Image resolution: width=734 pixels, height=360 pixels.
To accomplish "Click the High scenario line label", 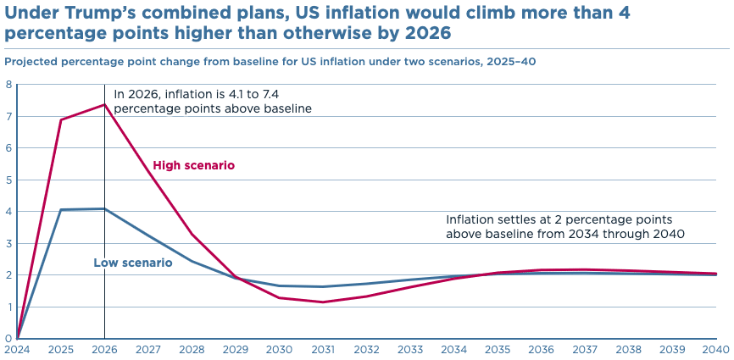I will pos(193,165).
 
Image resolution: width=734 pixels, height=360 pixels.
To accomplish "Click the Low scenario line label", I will pos(132,263).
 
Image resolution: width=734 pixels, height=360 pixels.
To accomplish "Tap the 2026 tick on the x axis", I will pos(104,349).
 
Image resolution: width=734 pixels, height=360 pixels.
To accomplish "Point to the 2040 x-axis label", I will pos(716,349).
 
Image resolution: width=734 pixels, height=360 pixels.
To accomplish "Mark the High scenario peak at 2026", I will pos(104,104).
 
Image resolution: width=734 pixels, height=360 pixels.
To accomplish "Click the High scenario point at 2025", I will pos(61,119).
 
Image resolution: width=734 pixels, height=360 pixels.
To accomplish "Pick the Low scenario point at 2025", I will pos(61,209).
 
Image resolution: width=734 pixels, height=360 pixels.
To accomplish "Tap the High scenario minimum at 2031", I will pos(323,302).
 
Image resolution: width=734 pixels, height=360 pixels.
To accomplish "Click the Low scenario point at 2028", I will pos(192,261).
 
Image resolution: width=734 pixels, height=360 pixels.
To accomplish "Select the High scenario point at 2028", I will pos(192,234).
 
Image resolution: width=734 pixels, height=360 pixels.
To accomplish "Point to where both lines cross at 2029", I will pos(236,278).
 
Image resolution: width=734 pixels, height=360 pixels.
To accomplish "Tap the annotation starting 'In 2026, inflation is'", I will pos(213,101).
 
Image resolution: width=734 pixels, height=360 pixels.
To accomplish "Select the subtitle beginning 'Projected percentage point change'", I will pos(270,61).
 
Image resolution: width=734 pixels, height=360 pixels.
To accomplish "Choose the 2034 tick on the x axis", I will pos(453,349).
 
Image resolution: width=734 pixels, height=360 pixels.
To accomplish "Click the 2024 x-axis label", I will pos(17,349).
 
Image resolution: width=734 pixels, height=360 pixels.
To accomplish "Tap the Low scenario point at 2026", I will pos(104,208).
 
